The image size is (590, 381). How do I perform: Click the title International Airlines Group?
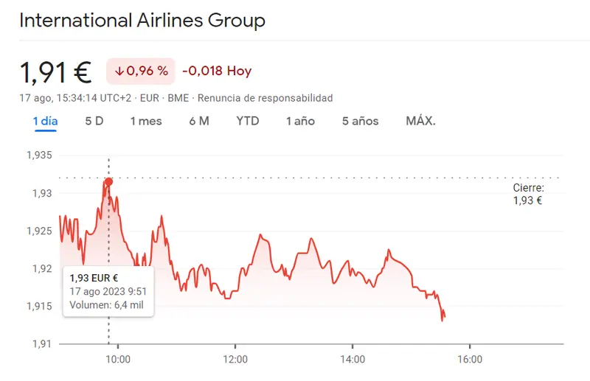[142, 20]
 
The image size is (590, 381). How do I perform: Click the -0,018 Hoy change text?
[217, 71]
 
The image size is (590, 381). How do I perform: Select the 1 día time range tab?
[45, 121]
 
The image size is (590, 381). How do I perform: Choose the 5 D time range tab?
[94, 121]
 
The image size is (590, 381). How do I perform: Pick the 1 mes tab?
[146, 121]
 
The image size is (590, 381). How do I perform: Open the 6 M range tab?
[199, 121]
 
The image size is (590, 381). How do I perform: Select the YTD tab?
[248, 121]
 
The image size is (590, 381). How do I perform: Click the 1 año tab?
[300, 121]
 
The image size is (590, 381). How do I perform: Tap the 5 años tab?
[360, 121]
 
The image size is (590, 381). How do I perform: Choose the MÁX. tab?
[421, 121]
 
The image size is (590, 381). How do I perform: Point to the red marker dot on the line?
[109, 181]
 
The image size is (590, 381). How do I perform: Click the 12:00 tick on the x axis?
[235, 360]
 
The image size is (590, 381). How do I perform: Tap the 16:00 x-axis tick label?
[470, 360]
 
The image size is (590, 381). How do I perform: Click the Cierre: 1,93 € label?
[528, 194]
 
